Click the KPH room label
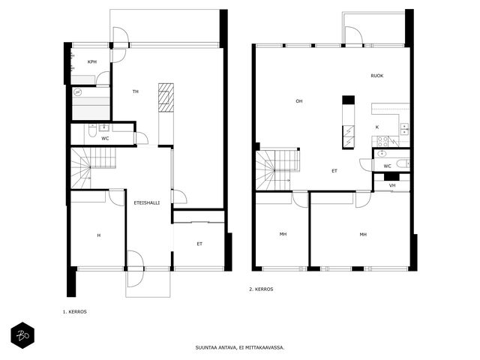[x=92, y=61]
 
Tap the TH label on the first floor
[x=135, y=91]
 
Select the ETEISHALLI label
[x=147, y=202]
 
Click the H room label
[x=98, y=235]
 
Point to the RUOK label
[x=377, y=76]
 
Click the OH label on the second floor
[x=299, y=101]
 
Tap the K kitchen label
[x=377, y=127]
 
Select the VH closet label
[x=392, y=185]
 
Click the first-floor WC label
[x=105, y=138]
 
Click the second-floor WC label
[x=387, y=166]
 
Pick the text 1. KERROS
[x=75, y=312]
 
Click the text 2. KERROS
[x=261, y=289]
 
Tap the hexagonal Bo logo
[x=22, y=335]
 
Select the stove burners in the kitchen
[x=382, y=141]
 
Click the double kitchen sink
[x=404, y=129]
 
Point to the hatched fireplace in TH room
[x=166, y=97]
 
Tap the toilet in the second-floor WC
[x=403, y=164]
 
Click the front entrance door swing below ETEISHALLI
[x=136, y=268]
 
